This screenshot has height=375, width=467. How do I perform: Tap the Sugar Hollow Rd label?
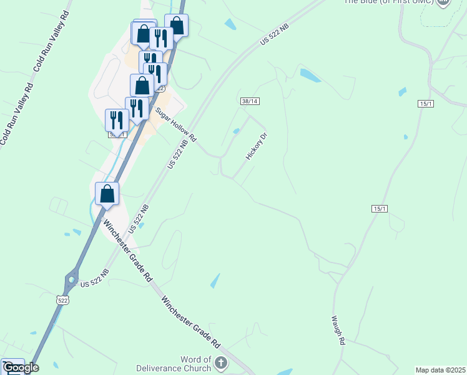point(176,123)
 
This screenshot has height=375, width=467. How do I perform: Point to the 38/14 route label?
point(249,101)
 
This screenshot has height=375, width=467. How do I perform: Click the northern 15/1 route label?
point(426,104)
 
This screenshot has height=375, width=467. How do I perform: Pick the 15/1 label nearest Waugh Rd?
point(380,208)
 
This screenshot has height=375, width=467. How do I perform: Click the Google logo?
point(20,367)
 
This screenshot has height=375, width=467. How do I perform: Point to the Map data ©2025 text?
point(440,370)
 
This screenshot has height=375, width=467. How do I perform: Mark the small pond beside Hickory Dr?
point(236,131)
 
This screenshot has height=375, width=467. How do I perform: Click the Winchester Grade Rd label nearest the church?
point(191,321)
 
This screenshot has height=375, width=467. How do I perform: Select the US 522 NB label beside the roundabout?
point(95,279)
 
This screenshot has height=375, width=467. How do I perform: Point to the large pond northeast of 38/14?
point(310,76)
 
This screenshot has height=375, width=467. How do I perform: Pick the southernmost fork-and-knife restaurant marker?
point(117,119)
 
